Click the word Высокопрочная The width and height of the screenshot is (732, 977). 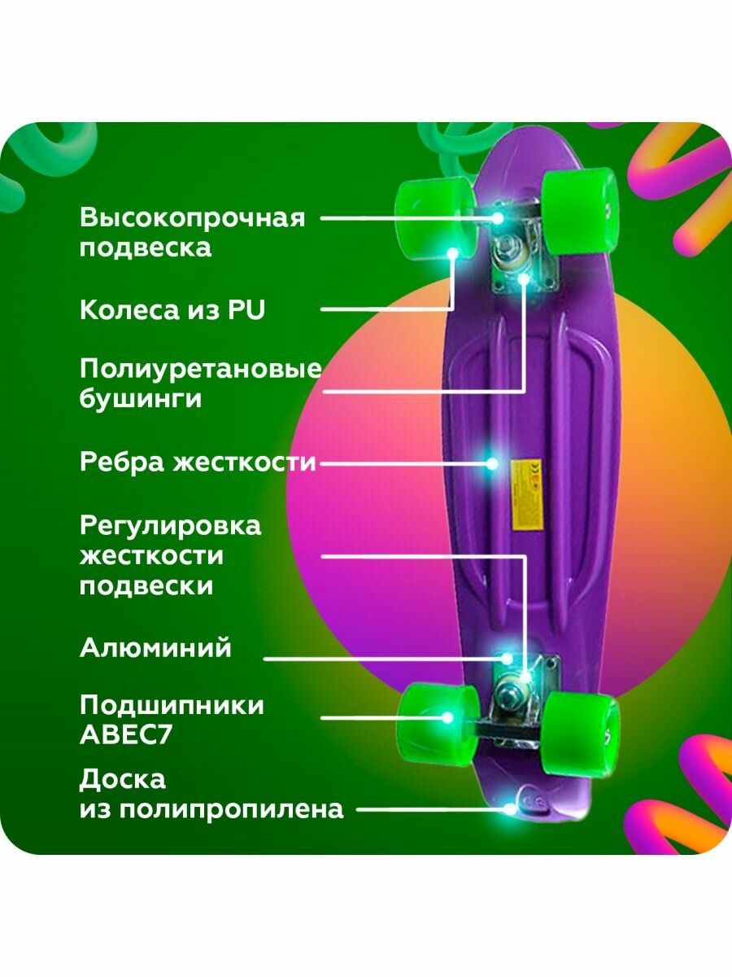pyautogui.click(x=192, y=218)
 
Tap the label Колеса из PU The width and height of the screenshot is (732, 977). pyautogui.click(x=172, y=309)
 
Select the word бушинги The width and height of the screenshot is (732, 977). pyautogui.click(x=140, y=400)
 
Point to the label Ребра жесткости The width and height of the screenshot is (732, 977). pyautogui.click(x=198, y=462)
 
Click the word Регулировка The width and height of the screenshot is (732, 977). pyautogui.click(x=171, y=525)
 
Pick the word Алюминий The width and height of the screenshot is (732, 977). pyautogui.click(x=155, y=648)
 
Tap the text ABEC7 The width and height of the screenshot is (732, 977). pyautogui.click(x=126, y=734)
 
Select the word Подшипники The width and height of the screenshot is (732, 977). pyautogui.click(x=172, y=705)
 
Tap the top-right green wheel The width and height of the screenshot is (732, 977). pyautogui.click(x=578, y=211)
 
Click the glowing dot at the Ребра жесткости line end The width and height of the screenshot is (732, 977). pyautogui.click(x=491, y=463)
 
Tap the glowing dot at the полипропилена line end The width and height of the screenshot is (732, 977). pyautogui.click(x=510, y=808)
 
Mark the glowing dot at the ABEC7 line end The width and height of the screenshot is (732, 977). pyautogui.click(x=447, y=717)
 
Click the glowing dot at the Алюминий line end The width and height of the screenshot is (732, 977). pyautogui.click(x=506, y=658)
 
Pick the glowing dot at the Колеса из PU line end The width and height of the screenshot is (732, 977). pyautogui.click(x=452, y=254)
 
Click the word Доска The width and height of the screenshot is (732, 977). pyautogui.click(x=123, y=779)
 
